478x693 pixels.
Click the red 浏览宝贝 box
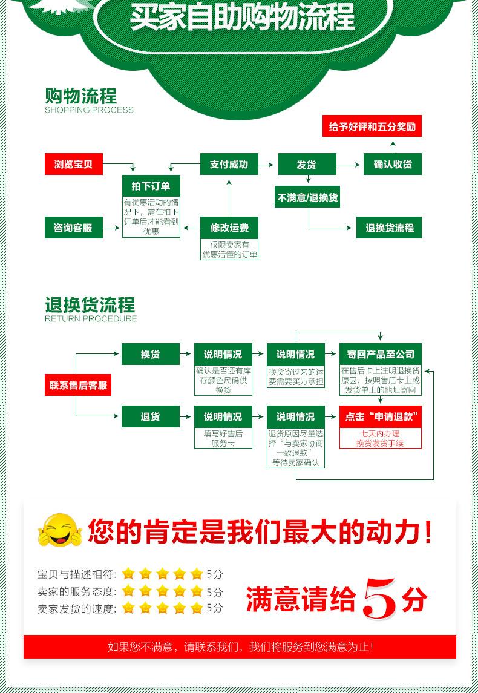pos(73,164)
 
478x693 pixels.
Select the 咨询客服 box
pos(73,228)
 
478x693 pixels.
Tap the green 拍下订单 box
pos(151,186)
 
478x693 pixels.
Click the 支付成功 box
pos(229,164)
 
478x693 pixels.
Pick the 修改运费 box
pos(229,228)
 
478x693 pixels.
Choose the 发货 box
pos(306,164)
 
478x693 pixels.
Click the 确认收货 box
pos(392,164)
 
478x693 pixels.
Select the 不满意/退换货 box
pos(308,197)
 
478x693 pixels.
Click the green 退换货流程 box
pos(388,228)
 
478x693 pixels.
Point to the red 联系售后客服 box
pos(78,385)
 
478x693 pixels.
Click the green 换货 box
pos(150,354)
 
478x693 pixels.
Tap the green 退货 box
pos(150,416)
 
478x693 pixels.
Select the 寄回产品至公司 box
pos(380,354)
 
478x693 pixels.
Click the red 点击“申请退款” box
pos(380,416)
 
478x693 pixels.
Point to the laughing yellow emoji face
pos(59,531)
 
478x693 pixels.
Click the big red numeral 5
pos(380,598)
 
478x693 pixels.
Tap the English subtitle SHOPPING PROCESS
pos(89,110)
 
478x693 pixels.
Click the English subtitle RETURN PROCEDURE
pos(91,319)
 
